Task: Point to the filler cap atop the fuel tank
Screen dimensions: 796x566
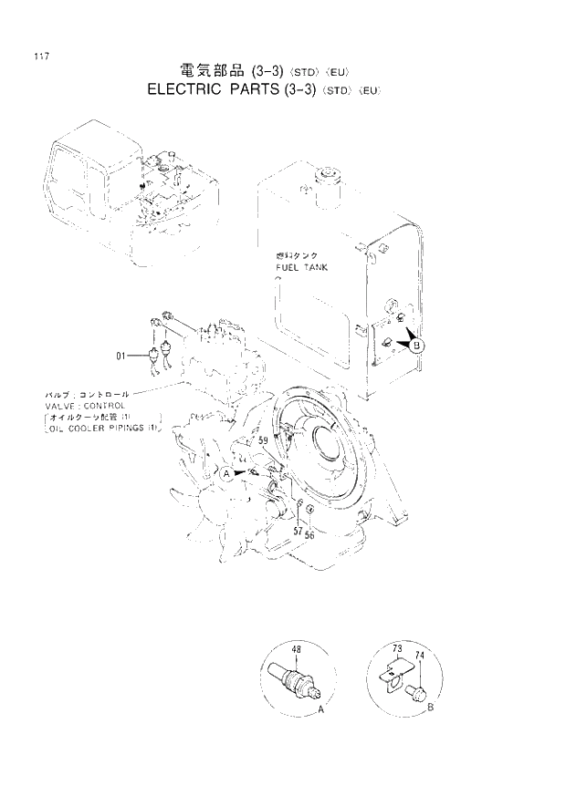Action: (325, 175)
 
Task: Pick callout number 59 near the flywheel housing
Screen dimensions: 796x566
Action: (263, 440)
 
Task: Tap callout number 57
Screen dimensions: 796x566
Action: (298, 530)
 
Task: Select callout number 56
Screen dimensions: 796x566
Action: (310, 534)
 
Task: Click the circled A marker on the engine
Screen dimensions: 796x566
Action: (224, 473)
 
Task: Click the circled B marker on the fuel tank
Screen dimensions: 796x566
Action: (417, 346)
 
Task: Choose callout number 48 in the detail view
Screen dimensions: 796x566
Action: (297, 650)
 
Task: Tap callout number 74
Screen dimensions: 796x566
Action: (420, 655)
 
